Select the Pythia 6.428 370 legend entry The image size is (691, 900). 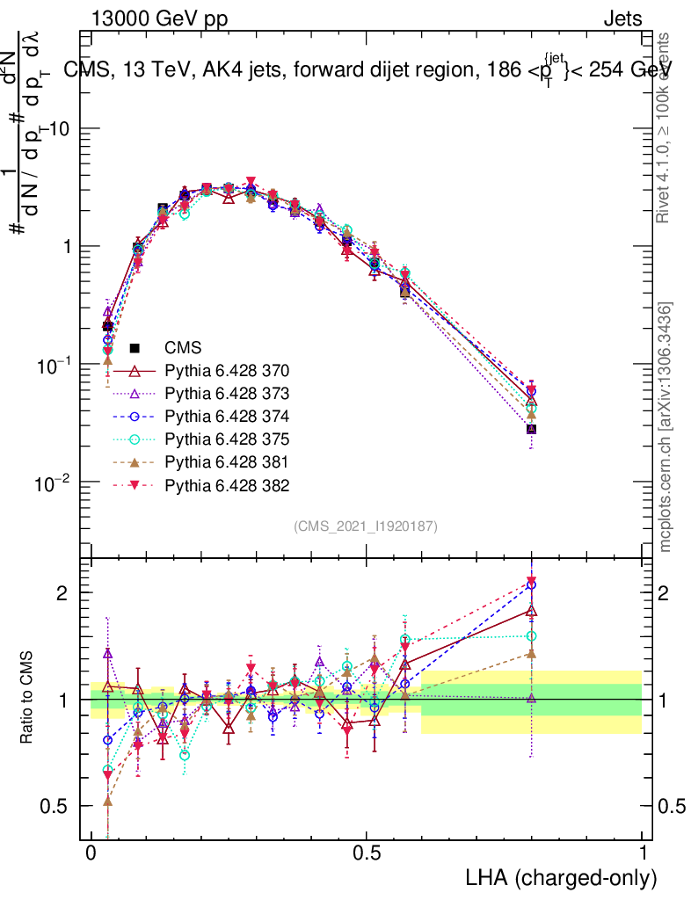click(x=227, y=371)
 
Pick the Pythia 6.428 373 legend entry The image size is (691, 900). click(x=227, y=394)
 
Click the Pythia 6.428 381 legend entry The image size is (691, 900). click(x=227, y=462)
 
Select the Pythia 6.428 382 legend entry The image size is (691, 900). click(x=227, y=485)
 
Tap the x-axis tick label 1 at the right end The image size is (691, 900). click(x=643, y=853)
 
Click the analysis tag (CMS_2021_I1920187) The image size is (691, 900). click(x=366, y=526)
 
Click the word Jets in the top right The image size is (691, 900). click(x=622, y=18)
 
